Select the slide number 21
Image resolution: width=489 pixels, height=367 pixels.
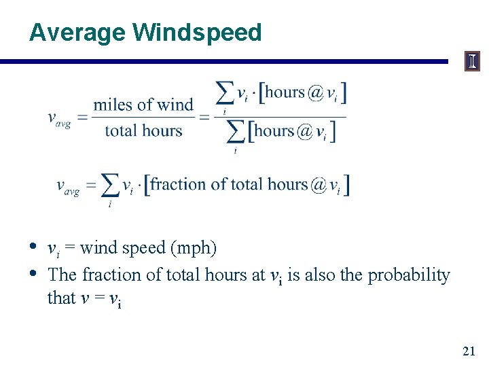point(469,351)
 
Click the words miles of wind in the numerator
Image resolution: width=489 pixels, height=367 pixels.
point(143,105)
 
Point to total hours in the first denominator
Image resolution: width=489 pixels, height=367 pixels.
point(143,130)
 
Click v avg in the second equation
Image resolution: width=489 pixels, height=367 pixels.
point(68,186)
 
